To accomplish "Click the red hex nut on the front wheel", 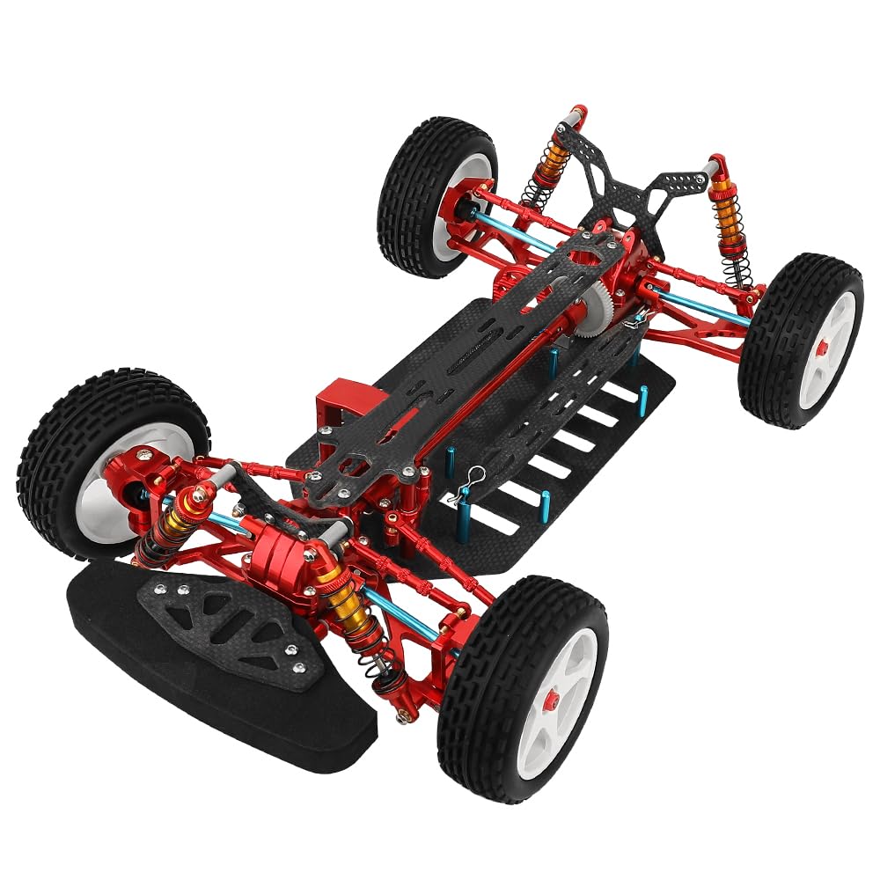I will click(552, 700).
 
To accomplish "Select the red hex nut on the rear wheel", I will click(820, 349).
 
